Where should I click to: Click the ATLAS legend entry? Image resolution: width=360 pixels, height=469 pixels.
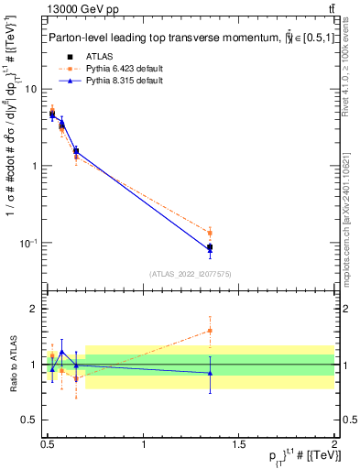[x=97, y=57]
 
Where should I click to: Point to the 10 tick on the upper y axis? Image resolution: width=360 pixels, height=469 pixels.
[x=30, y=89]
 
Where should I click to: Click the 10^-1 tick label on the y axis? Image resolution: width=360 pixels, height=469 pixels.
[x=27, y=243]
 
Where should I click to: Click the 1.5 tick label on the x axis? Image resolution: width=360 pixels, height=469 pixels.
[x=239, y=443]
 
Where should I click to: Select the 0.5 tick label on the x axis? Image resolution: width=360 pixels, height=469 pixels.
[x=48, y=443]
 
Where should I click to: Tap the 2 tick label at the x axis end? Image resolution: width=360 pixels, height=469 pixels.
[x=333, y=443]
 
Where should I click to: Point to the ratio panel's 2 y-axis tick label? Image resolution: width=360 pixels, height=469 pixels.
[x=33, y=309]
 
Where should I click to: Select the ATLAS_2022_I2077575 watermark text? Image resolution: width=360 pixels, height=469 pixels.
[x=190, y=274]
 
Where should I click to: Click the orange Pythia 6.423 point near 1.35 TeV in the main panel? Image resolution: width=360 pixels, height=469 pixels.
[x=210, y=233]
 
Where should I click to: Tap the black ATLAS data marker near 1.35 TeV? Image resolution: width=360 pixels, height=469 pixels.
[x=210, y=247]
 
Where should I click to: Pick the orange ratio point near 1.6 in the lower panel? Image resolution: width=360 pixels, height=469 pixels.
[x=210, y=331]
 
